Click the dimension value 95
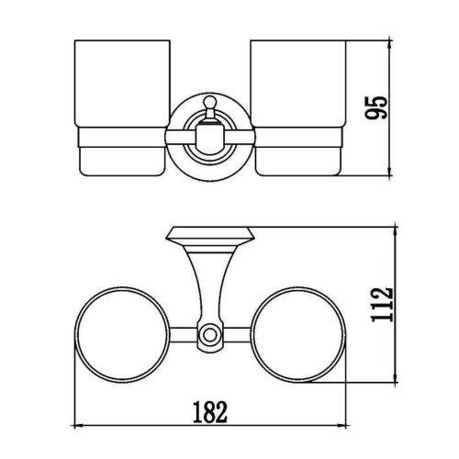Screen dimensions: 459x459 click(x=376, y=107)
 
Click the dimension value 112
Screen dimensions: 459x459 click(x=382, y=305)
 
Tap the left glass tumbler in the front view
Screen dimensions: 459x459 click(x=122, y=107)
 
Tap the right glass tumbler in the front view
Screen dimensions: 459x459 click(x=298, y=107)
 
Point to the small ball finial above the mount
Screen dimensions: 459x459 click(x=209, y=101)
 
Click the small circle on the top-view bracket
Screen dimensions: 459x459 click(x=209, y=335)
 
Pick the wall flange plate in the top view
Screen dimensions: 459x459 click(x=210, y=236)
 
